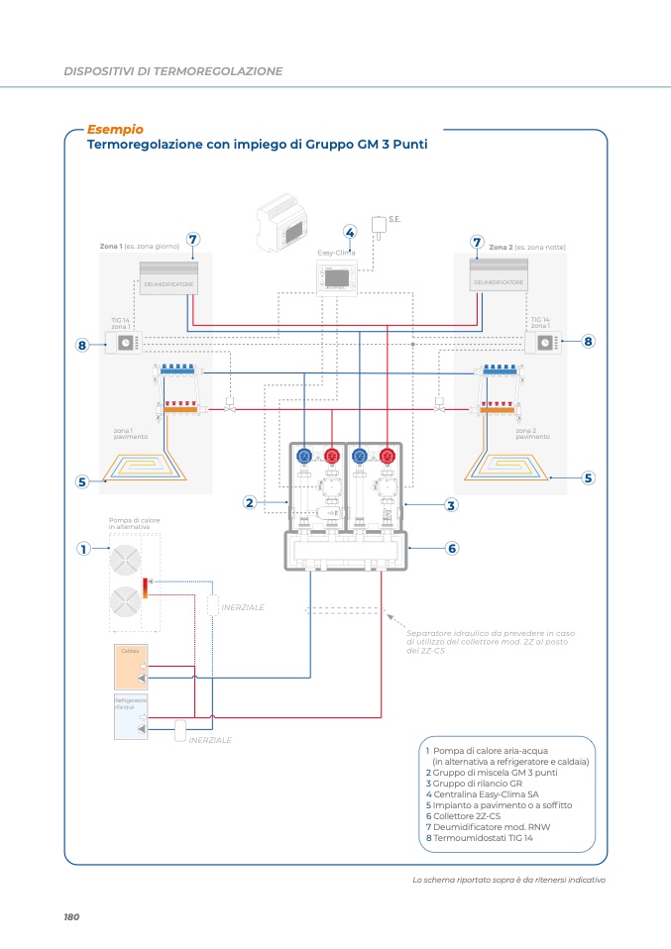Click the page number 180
71,917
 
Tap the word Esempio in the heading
115,129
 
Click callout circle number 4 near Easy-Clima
350,232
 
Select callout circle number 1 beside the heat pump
84,548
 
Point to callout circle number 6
451,548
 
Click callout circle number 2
251,503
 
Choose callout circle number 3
451,505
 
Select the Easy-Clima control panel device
342,278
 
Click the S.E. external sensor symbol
380,224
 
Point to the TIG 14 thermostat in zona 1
127,343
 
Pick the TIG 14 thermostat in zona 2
543,343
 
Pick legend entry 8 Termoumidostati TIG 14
479,838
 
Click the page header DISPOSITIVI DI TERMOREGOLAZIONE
173,71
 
